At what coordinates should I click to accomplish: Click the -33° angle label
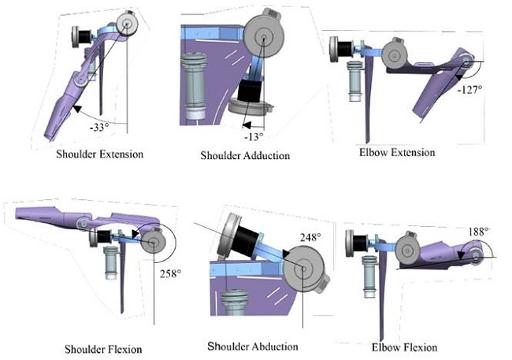click(x=99, y=127)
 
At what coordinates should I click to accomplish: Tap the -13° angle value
click(x=254, y=136)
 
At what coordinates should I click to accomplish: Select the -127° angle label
click(x=470, y=90)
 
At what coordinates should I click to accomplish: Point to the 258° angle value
click(x=170, y=273)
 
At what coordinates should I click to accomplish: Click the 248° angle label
click(x=310, y=237)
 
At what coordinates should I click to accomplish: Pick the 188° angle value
click(x=479, y=232)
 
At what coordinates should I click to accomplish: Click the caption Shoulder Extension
click(x=99, y=154)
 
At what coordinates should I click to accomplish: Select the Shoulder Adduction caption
click(x=245, y=155)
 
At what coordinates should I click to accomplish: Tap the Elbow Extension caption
click(x=397, y=153)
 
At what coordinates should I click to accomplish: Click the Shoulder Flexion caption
click(x=103, y=349)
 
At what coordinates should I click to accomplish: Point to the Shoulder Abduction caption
click(x=253, y=347)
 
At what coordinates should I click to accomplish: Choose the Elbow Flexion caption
click(x=404, y=347)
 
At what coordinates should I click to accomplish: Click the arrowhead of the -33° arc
click(x=76, y=109)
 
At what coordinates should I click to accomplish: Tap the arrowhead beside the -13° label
click(x=247, y=125)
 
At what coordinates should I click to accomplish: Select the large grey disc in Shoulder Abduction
click(x=303, y=269)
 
